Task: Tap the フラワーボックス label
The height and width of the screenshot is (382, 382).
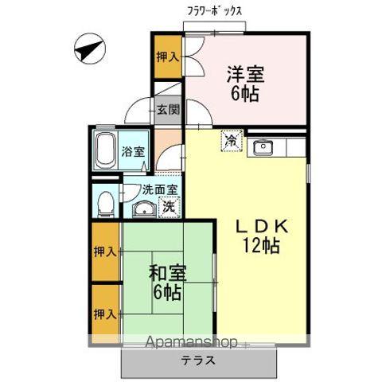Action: point(214,12)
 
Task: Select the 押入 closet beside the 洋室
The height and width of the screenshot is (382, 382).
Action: point(167,57)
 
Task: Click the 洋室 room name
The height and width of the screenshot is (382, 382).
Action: point(245,73)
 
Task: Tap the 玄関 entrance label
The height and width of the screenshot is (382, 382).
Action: point(167,110)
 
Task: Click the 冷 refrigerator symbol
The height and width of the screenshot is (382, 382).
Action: point(230,141)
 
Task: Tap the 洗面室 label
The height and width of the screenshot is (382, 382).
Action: point(158,190)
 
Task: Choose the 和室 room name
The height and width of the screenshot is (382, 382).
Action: point(167,273)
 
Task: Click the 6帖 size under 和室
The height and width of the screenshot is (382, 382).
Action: point(167,292)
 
